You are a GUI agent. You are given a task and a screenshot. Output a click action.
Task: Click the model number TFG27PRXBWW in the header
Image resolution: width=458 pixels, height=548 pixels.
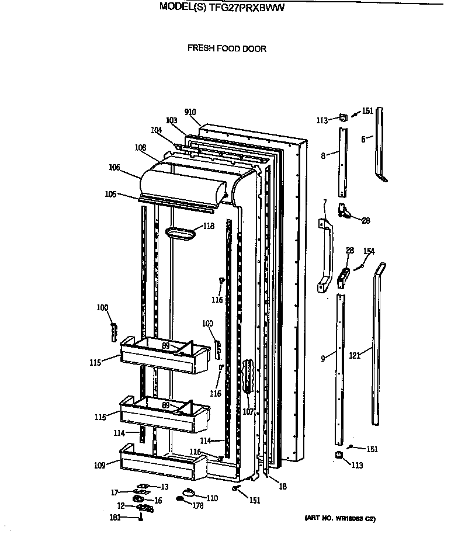point(244,9)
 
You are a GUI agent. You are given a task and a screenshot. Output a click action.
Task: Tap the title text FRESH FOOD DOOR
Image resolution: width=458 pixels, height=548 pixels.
point(227,48)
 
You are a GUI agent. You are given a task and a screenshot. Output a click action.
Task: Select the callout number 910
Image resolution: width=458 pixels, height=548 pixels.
point(190,112)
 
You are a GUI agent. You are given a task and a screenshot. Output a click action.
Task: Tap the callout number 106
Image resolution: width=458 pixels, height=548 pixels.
point(114,168)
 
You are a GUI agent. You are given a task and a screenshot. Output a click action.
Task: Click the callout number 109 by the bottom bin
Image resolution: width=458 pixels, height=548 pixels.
point(99,466)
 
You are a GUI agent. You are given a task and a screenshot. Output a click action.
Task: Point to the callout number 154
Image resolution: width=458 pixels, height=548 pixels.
point(369,252)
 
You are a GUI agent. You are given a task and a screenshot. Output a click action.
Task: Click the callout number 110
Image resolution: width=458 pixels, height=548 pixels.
point(211,498)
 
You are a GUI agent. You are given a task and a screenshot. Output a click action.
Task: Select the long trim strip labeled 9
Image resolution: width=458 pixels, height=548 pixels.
point(339,368)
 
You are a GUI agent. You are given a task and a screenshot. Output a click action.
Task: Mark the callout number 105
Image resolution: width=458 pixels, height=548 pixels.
point(110,195)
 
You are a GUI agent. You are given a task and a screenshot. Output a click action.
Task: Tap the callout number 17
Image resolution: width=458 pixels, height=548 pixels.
point(116,492)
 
